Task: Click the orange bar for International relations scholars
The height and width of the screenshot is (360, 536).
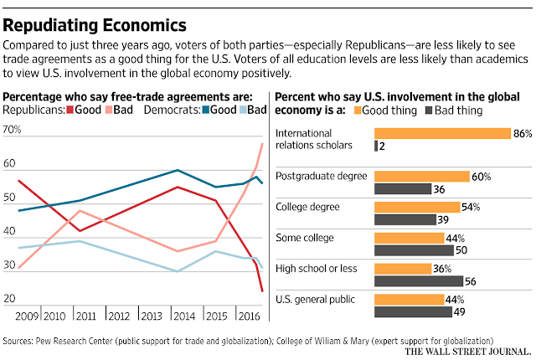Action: coord(442,133)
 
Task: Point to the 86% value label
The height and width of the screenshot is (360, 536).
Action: coord(523,133)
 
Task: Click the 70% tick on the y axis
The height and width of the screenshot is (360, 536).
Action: coord(13,130)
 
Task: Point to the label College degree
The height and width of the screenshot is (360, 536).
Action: coord(307,207)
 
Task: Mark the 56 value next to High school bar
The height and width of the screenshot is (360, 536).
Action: coord(472,281)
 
